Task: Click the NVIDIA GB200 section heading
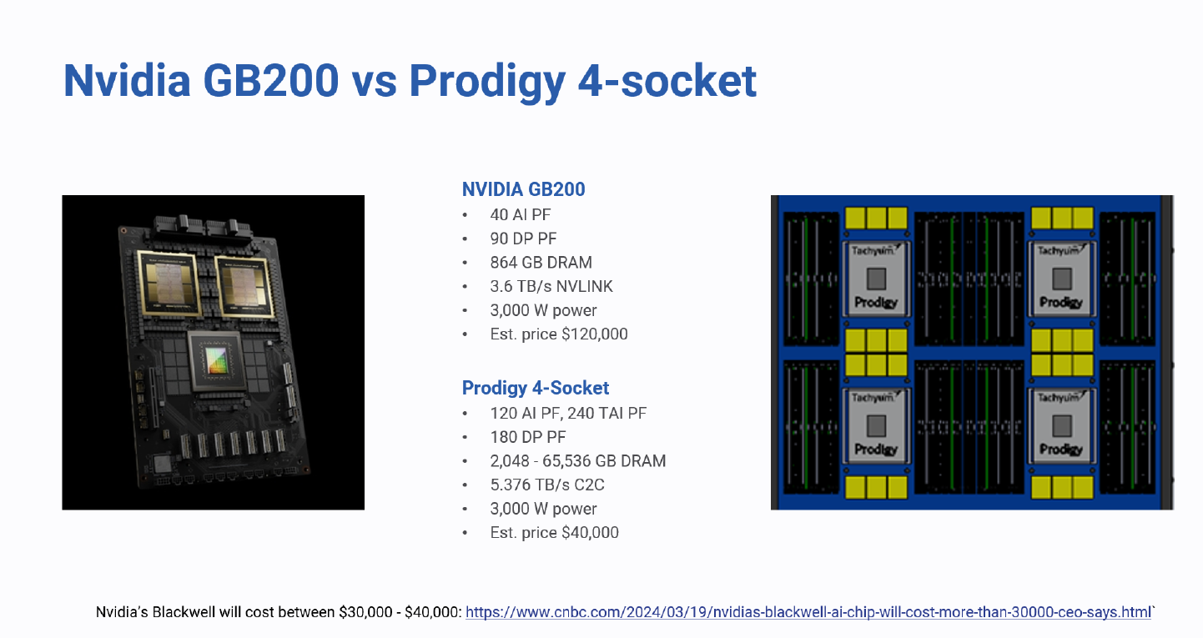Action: click(x=523, y=189)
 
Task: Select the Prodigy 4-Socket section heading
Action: click(x=535, y=388)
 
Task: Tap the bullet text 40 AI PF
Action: click(x=520, y=214)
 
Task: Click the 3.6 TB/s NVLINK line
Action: click(x=551, y=286)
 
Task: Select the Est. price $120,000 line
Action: click(x=558, y=334)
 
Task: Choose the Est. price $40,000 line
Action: click(x=554, y=533)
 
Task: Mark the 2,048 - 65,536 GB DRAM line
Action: click(x=577, y=461)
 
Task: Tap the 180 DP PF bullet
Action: click(x=527, y=437)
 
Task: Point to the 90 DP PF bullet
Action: click(x=523, y=239)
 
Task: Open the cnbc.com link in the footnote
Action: click(x=808, y=613)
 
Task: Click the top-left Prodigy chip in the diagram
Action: click(x=876, y=278)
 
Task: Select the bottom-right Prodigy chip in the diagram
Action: click(x=1061, y=424)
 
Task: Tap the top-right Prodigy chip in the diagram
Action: click(x=1061, y=278)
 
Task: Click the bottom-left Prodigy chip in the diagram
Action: click(x=876, y=424)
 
